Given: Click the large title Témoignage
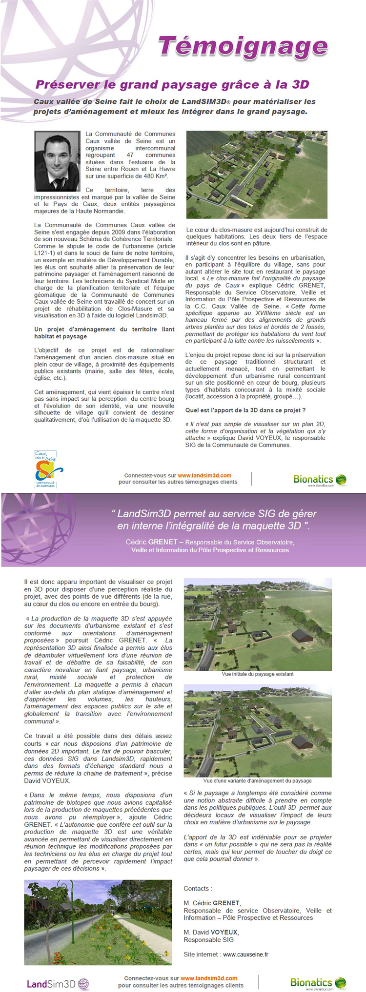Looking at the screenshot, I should click(243, 47).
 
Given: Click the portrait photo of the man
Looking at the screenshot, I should click(57, 161).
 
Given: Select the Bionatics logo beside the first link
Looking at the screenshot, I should click(320, 480).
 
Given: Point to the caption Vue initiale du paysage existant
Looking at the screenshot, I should click(258, 674).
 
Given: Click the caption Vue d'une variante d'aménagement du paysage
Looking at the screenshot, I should click(258, 780).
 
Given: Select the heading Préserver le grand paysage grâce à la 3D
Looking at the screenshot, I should click(172, 84).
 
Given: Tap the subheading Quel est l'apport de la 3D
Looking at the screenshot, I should click(245, 410).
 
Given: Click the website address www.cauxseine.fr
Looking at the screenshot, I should click(245, 954).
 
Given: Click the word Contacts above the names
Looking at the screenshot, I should click(198, 889).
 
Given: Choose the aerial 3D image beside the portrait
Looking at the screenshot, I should click(257, 175).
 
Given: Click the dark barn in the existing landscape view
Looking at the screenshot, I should click(301, 635).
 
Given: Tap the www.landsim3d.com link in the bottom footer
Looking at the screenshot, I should click(209, 978).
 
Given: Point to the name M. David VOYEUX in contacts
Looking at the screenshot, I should click(211, 932).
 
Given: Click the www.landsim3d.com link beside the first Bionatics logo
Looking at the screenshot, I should click(204, 475).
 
